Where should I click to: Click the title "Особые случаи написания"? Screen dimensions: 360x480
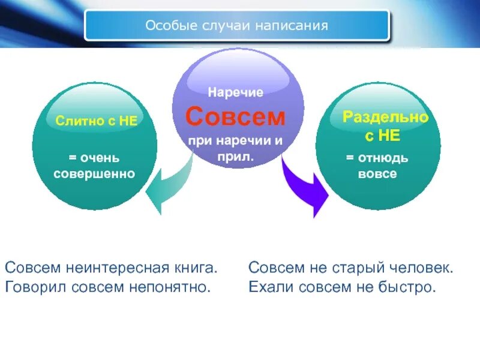click(x=236, y=26)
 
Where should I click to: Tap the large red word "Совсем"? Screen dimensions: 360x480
click(x=235, y=117)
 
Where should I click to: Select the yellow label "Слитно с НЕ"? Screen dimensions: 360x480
click(x=97, y=121)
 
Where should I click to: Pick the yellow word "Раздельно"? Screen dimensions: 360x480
click(x=385, y=118)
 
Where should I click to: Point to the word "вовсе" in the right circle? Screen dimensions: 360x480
click(x=377, y=174)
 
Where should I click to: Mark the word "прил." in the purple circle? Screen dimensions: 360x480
click(x=235, y=157)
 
